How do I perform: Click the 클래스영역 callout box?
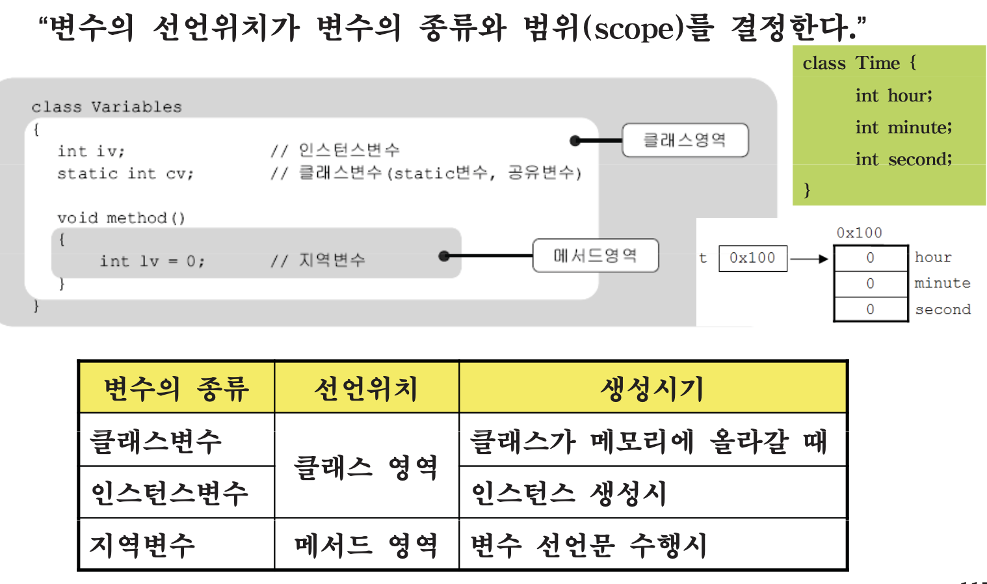pyautogui.click(x=685, y=140)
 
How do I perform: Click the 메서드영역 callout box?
pyautogui.click(x=596, y=256)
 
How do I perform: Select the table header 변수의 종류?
pyautogui.click(x=176, y=388)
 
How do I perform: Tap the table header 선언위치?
pyautogui.click(x=366, y=388)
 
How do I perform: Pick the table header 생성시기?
pyautogui.click(x=652, y=388)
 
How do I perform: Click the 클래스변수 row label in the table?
pyautogui.click(x=157, y=441)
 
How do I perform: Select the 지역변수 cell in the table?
pyautogui.click(x=142, y=545)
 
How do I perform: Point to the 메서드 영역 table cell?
pyautogui.click(x=366, y=545)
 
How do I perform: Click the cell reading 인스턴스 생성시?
pyautogui.click(x=570, y=493)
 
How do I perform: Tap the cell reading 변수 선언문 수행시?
pyautogui.click(x=589, y=545)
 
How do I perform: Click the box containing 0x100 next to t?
pyautogui.click(x=752, y=258)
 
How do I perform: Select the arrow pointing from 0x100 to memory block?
pyautogui.click(x=809, y=259)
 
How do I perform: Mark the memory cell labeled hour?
pyautogui.click(x=871, y=258)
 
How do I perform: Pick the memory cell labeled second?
pyautogui.click(x=871, y=310)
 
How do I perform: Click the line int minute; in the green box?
pyautogui.click(x=903, y=127)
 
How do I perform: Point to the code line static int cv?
pyautogui.click(x=125, y=174)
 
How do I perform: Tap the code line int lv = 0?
pyautogui.click(x=152, y=261)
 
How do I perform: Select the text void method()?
pyautogui.click(x=121, y=218)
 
